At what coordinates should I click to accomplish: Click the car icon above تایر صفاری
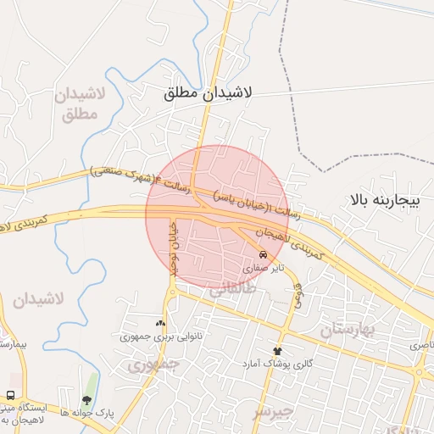tap(263, 254)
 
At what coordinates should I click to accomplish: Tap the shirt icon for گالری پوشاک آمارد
tap(276, 350)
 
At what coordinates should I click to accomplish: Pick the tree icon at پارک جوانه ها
tap(86, 399)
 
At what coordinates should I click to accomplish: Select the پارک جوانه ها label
tap(86, 413)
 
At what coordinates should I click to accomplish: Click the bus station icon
tap(10, 395)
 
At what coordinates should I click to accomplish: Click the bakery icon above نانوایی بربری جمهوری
tap(160, 323)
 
